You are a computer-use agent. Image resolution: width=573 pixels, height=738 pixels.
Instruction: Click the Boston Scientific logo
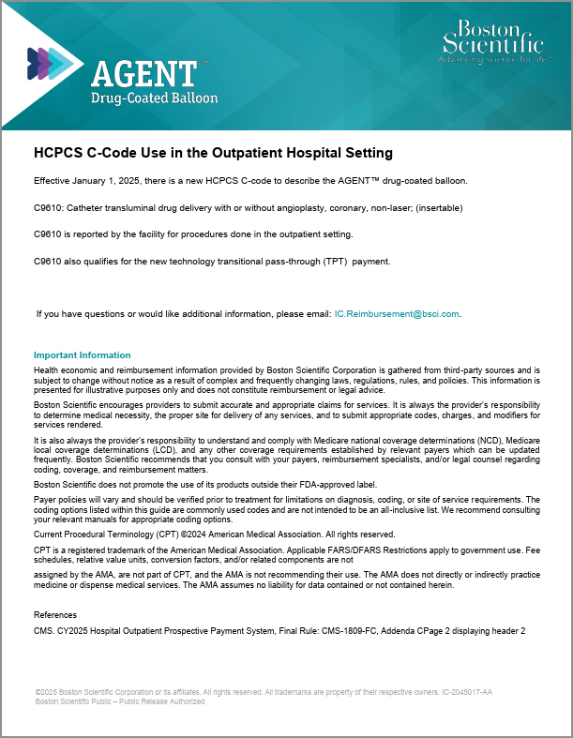pyautogui.click(x=491, y=42)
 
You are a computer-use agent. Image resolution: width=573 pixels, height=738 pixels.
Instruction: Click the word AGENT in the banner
pyautogui.click(x=143, y=73)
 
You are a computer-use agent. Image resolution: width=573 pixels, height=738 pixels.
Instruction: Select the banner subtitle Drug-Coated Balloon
pyautogui.click(x=154, y=98)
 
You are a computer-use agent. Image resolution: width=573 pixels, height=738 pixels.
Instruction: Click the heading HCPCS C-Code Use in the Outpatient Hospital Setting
pyautogui.click(x=213, y=152)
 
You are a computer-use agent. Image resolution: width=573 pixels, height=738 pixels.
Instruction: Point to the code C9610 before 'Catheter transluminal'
pyautogui.click(x=48, y=206)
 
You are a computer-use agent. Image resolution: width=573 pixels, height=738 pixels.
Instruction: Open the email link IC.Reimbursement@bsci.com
pyautogui.click(x=397, y=313)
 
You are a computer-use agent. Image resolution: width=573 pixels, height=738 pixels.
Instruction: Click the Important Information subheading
pyautogui.click(x=83, y=355)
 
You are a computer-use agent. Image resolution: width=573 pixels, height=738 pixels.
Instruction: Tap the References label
pyautogui.click(x=55, y=614)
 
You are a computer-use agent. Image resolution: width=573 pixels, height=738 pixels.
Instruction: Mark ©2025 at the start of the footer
pyautogui.click(x=46, y=692)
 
